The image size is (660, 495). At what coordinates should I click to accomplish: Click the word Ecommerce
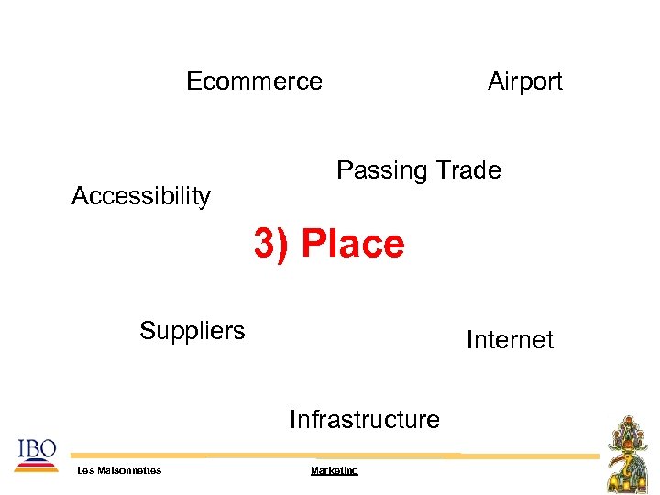coord(254,82)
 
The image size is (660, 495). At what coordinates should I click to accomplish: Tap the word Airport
coord(524,82)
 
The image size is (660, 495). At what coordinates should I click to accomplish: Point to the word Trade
coord(468,170)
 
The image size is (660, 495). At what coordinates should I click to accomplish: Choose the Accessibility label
coord(141,196)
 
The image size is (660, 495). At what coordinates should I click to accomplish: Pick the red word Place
coord(352,245)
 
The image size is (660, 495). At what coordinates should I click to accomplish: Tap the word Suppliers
coord(192,330)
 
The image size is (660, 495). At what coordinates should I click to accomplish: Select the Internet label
coord(510,340)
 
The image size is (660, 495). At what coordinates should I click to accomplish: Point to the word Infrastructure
coord(365,420)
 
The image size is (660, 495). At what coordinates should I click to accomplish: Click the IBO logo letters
coord(37,447)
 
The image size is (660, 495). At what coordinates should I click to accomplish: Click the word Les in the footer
coord(85,470)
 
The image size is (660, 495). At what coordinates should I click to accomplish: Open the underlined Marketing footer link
coord(335,470)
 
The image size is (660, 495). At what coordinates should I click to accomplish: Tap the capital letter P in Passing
coord(345,170)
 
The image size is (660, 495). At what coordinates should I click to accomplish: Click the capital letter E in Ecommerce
coord(193,82)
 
